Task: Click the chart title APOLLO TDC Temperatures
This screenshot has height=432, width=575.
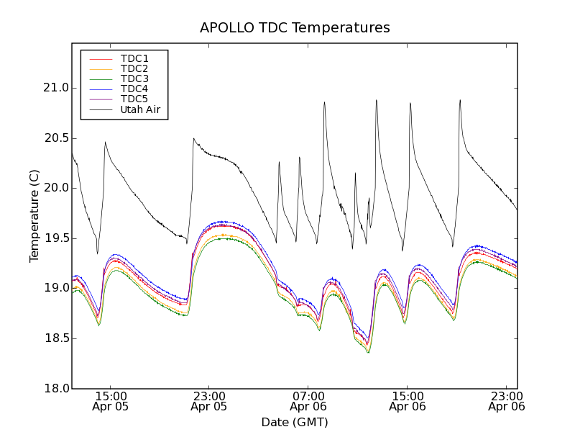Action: (295, 28)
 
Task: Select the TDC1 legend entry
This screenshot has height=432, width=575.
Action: (134, 58)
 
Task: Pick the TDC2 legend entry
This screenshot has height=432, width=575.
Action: (134, 68)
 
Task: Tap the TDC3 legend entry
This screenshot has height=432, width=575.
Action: (134, 78)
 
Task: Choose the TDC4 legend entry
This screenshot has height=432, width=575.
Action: (134, 89)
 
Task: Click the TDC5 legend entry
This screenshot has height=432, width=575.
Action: (134, 99)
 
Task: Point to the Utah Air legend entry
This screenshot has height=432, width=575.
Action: (139, 109)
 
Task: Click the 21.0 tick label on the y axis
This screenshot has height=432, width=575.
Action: (55, 88)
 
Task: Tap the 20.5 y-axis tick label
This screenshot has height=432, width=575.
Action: (55, 138)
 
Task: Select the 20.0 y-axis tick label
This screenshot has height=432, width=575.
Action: (55, 188)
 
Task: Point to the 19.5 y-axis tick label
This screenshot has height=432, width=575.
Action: (55, 238)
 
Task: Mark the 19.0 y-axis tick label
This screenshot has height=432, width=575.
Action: (55, 288)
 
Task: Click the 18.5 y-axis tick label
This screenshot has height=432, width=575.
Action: (55, 338)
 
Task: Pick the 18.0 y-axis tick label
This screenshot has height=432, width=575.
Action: (55, 389)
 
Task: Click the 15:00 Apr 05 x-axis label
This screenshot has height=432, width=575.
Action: (111, 401)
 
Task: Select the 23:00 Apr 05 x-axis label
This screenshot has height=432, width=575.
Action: (209, 401)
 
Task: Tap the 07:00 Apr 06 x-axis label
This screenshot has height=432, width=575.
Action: (308, 401)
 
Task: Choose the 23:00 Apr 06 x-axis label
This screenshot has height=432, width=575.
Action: (506, 401)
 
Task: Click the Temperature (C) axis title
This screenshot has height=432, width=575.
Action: (34, 216)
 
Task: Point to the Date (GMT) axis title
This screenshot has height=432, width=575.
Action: (295, 422)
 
